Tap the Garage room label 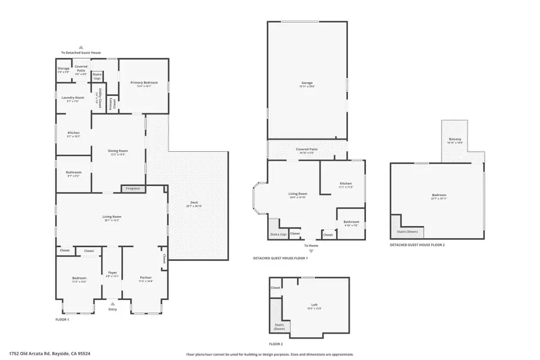tap(307, 83)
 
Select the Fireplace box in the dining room tap(133, 189)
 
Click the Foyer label tap(112, 274)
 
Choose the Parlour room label tap(146, 278)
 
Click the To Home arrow tap(311, 251)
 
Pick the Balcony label tap(454, 140)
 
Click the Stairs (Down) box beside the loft tap(280, 325)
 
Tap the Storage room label tap(64, 70)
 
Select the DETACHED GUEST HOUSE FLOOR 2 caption tap(417, 245)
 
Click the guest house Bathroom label tap(351, 221)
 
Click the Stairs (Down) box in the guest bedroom tap(407, 232)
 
